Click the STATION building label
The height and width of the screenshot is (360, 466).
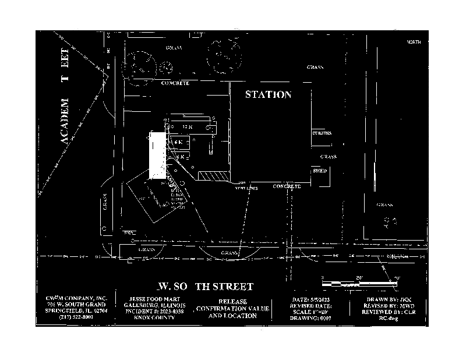[x=267, y=94]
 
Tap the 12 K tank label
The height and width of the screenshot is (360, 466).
[x=187, y=126]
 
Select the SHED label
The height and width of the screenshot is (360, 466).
[x=320, y=171]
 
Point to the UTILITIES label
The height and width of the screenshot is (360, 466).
[x=322, y=133]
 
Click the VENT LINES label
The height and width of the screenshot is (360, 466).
[x=246, y=189]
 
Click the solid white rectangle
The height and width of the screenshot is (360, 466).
[x=157, y=155]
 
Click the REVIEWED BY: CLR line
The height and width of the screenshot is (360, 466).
[x=389, y=312]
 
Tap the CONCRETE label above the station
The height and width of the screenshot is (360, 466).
[x=175, y=83]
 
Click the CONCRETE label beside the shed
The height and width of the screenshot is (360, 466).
[x=287, y=186]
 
